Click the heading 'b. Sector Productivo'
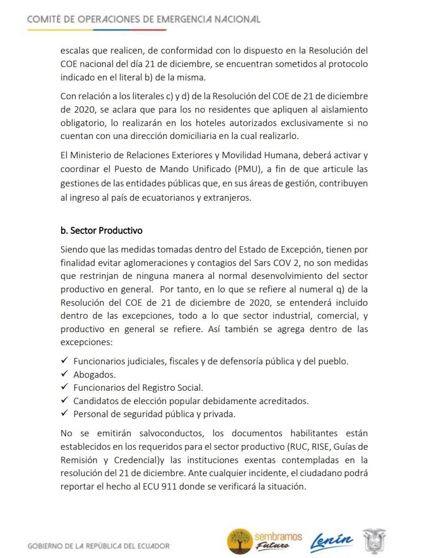pyautogui.click(x=101, y=231)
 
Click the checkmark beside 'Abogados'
pyautogui.click(x=64, y=374)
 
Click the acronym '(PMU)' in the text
pyautogui.click(x=244, y=169)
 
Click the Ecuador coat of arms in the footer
pyautogui.click(x=374, y=541)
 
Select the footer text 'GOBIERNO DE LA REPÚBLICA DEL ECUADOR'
pyautogui.click(x=98, y=546)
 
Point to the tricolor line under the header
pyautogui.click(x=97, y=30)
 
